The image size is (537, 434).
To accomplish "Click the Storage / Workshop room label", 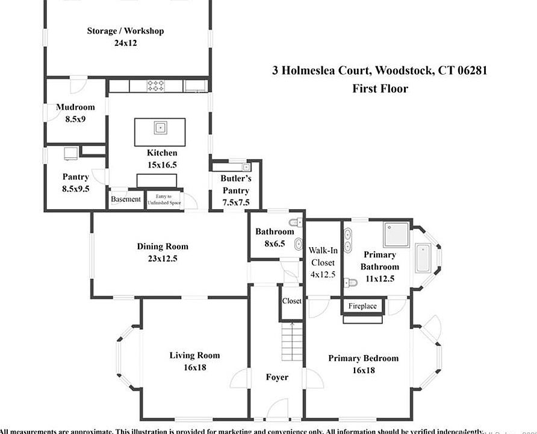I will coord(125,31).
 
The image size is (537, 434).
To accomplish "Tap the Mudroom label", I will coord(75,107).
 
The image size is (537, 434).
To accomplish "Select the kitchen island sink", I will coord(160,127).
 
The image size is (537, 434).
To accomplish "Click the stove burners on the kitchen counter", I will coord(157,86).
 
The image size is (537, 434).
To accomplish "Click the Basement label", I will coord(126,200).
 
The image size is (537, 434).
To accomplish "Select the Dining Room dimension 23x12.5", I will coord(161,259).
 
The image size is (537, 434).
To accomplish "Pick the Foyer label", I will coord(277,377).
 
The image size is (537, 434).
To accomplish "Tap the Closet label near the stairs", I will coord(291,301).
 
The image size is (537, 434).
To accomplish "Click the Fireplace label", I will coord(362,306).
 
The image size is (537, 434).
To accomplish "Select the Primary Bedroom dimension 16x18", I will coord(363,370).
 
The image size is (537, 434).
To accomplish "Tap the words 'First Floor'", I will coord(380,89).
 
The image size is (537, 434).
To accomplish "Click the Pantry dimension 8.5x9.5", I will coord(75,189).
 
